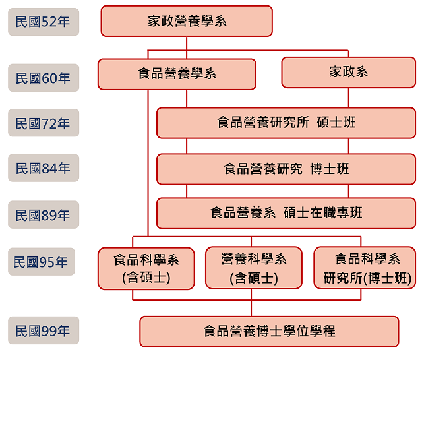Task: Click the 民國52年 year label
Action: coord(44,22)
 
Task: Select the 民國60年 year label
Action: coord(44,78)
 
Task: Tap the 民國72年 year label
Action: coord(44,123)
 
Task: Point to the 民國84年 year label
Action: coord(44,168)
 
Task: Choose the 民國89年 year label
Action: coord(44,215)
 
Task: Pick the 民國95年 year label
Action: coord(42,262)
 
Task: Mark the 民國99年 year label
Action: coord(44,330)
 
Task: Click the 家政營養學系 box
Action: coord(187,21)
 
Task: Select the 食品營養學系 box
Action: coord(177,74)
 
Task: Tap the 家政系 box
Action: coord(349,73)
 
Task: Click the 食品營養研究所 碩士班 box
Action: coord(286,123)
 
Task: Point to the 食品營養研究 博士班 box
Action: coord(286,169)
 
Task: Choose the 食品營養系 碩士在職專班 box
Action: coord(286,214)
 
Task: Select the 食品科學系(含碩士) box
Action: coord(146,268)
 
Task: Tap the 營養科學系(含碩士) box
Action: coord(254,268)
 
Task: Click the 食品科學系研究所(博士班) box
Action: coord(365,268)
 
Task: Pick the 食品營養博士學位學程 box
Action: coord(269,332)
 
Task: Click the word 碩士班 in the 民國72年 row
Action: coord(336,123)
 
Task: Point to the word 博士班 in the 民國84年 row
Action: coord(330,169)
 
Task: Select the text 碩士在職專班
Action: coord(322,213)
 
